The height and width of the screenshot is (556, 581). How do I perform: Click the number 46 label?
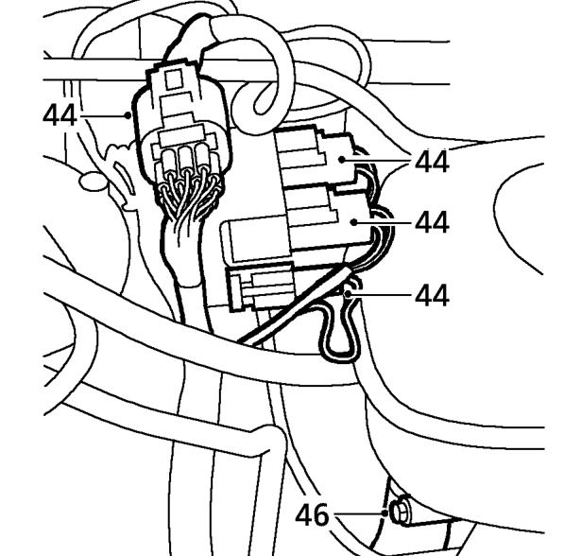[x=312, y=514]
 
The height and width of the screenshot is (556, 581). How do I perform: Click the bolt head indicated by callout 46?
[x=401, y=513]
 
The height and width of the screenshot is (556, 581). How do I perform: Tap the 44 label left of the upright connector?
[x=60, y=115]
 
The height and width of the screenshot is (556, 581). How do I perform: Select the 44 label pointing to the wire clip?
[x=432, y=295]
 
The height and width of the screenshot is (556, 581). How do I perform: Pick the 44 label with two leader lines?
[x=432, y=162]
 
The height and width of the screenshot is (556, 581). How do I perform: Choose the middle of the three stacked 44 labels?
[x=432, y=222]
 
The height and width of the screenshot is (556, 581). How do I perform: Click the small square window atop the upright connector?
[x=173, y=79]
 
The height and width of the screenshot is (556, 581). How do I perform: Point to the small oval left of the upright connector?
[x=93, y=182]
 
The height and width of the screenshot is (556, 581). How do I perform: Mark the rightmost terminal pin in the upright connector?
[x=202, y=160]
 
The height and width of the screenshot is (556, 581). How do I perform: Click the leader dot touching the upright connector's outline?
[x=128, y=115]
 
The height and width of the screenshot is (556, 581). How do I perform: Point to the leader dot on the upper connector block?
[x=342, y=160]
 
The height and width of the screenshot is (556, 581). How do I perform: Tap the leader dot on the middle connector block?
[x=354, y=222]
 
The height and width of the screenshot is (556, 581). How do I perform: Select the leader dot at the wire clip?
[x=348, y=294]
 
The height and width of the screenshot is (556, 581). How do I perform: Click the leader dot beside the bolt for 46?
[x=385, y=513]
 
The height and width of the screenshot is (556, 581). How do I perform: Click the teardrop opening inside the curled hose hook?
[x=265, y=99]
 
